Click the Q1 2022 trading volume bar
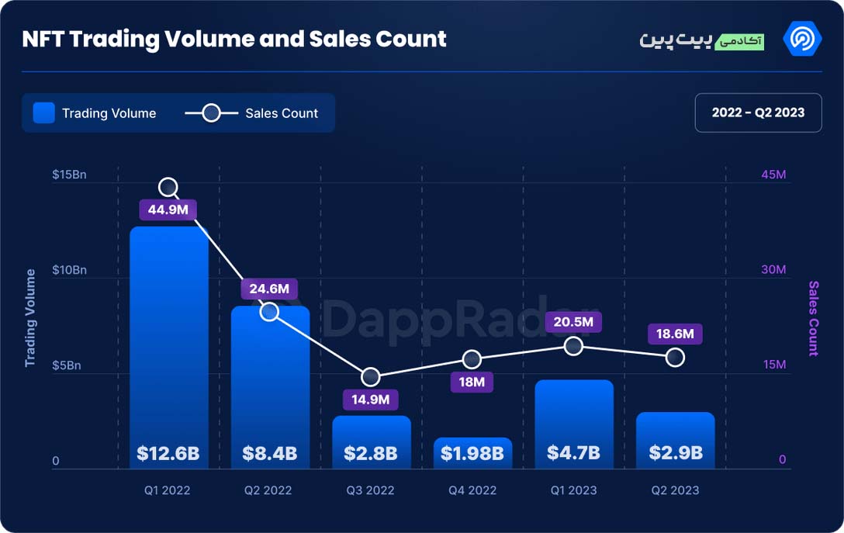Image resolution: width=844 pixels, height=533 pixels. click(168, 348)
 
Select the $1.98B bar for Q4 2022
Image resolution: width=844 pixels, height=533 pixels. click(472, 453)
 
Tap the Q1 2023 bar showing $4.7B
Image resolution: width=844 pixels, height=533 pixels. click(574, 424)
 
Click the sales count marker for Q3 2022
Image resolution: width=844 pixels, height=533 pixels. click(370, 377)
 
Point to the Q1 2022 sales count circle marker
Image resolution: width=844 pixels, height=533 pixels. click(168, 187)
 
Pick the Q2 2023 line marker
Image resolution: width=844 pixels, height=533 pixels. click(675, 357)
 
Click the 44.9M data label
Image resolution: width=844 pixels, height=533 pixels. click(168, 209)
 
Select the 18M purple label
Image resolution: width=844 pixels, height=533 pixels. click(472, 382)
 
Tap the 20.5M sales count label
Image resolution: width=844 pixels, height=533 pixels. click(573, 322)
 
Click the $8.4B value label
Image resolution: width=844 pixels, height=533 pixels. click(270, 453)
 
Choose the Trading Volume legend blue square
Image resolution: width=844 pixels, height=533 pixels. click(44, 113)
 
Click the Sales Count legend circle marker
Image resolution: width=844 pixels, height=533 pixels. click(211, 113)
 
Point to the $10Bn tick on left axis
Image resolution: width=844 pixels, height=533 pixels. click(70, 270)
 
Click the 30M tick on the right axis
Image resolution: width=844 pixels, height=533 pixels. click(773, 269)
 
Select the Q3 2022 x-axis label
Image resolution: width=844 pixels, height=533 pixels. click(370, 490)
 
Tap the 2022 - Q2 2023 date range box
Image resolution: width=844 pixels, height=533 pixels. click(759, 112)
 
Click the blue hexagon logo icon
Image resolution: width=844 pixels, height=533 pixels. click(802, 39)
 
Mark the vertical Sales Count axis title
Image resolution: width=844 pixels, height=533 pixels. click(813, 318)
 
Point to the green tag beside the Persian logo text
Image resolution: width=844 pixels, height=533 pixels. click(739, 41)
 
